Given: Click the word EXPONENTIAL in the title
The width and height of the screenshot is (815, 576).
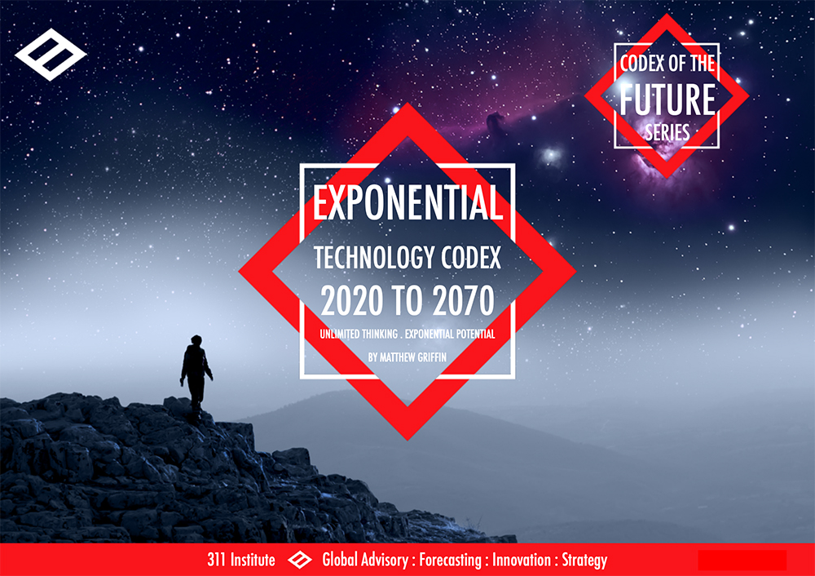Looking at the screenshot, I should tap(407, 203).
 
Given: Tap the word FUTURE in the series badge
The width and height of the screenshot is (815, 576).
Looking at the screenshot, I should tap(667, 100).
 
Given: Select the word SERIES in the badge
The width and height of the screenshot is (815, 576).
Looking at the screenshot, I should tap(667, 132).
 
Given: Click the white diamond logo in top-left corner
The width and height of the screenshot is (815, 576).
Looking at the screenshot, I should tap(51, 54).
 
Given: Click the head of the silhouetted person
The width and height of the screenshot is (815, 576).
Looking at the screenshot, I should tap(196, 340).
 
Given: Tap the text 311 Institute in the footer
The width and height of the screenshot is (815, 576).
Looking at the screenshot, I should tap(241, 560).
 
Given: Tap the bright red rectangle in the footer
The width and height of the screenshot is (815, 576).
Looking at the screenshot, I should tap(742, 560).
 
